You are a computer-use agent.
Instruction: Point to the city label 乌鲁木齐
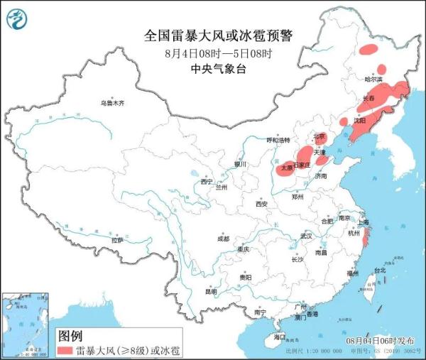111,104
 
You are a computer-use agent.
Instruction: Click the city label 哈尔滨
373,79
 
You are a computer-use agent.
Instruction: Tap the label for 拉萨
117,241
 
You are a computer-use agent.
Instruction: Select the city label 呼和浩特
278,141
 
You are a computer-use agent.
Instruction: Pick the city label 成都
223,238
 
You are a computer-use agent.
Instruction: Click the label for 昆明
211,291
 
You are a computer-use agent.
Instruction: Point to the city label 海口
279,336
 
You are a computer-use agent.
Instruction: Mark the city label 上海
364,222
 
